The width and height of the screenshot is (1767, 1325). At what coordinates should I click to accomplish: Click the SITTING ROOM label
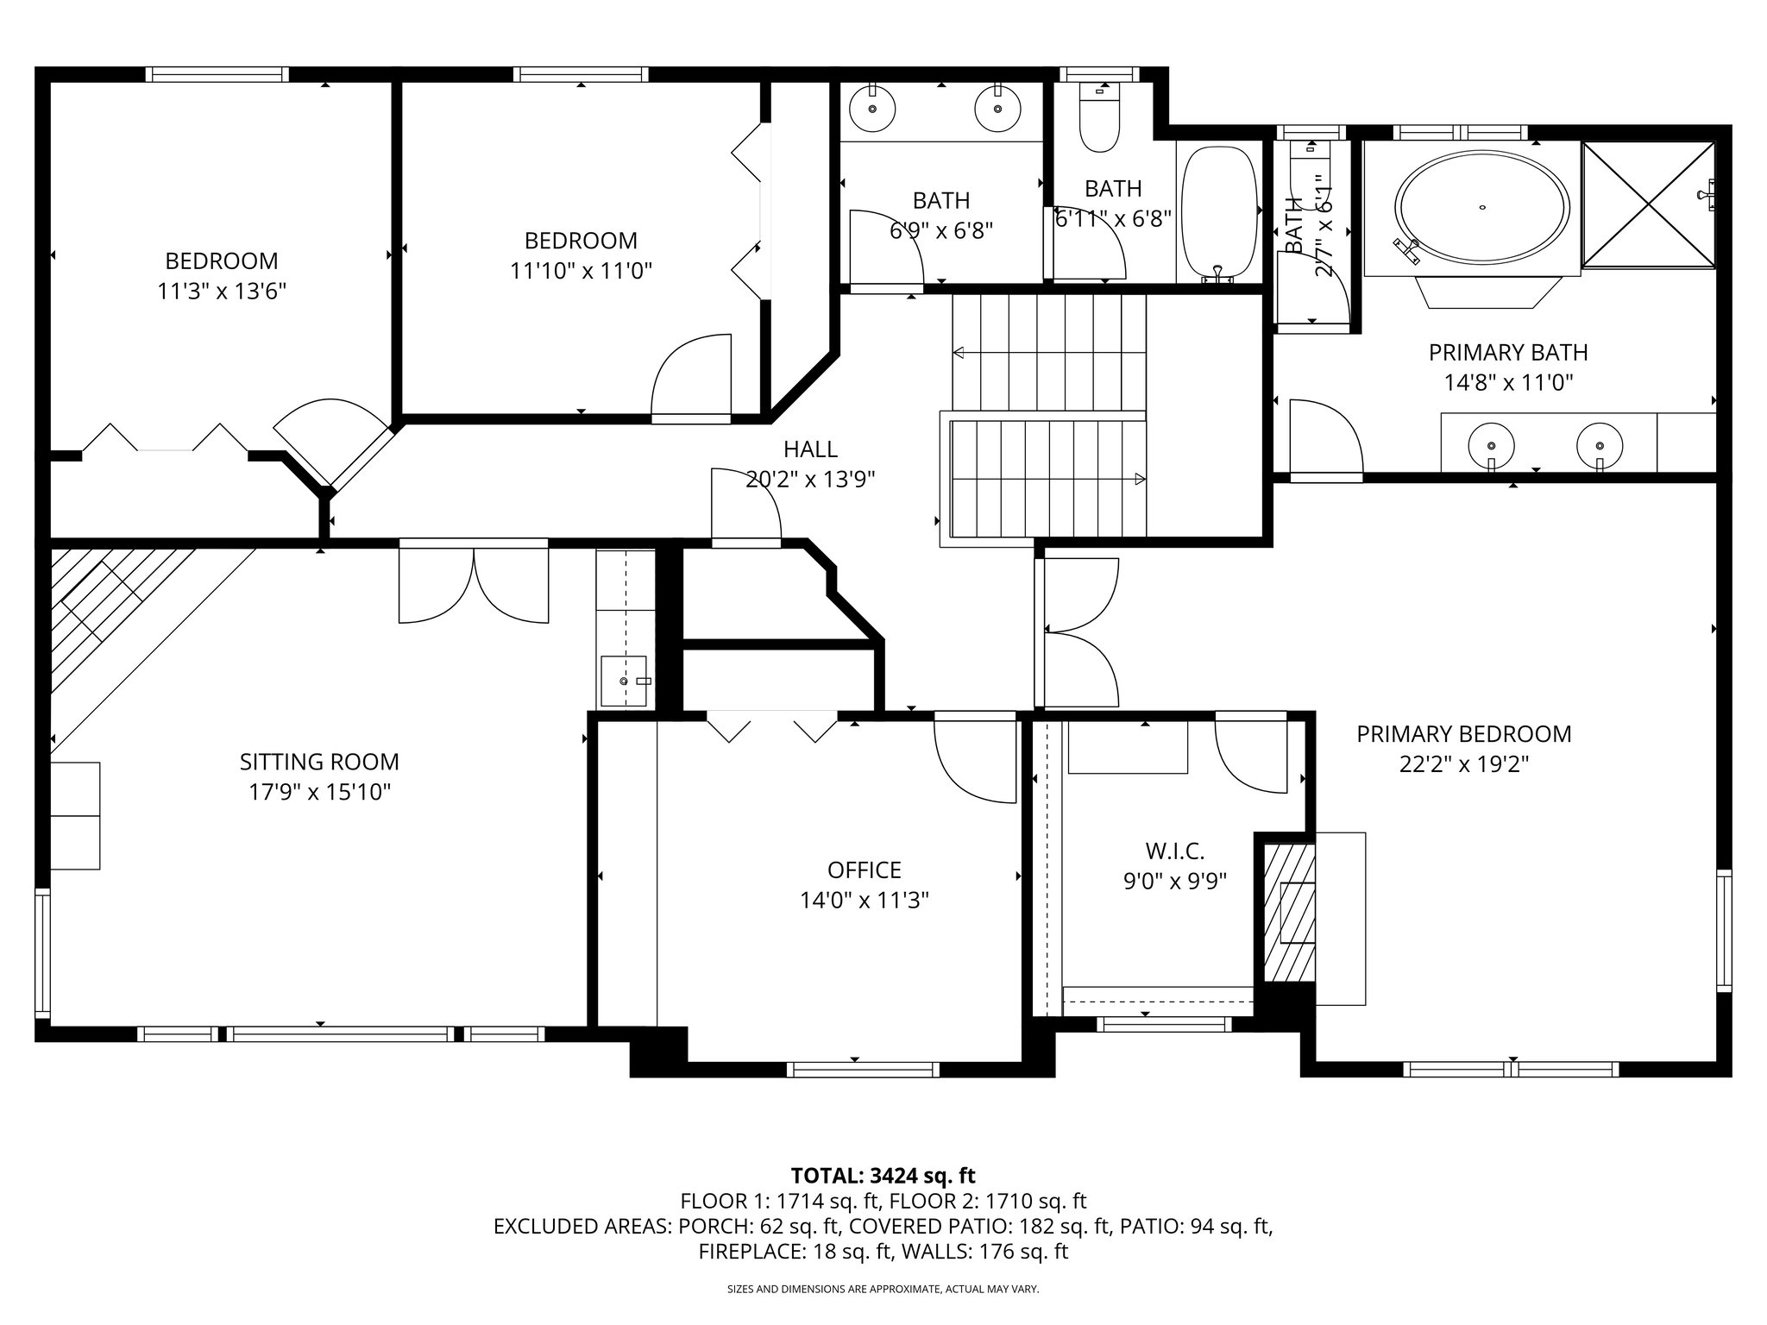(x=319, y=762)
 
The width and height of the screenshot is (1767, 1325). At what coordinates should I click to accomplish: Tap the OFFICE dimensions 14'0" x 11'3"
(x=864, y=901)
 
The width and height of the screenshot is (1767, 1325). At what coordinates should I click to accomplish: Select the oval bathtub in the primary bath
(x=1481, y=208)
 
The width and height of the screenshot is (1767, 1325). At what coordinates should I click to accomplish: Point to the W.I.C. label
(x=1174, y=851)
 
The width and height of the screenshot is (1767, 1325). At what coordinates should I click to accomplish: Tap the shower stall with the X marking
(x=1649, y=204)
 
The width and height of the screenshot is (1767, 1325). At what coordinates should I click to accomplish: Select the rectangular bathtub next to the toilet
(x=1218, y=211)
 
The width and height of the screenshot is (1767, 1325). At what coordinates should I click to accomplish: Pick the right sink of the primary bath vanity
(x=1600, y=445)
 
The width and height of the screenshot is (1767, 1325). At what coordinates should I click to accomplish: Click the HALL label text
(x=810, y=449)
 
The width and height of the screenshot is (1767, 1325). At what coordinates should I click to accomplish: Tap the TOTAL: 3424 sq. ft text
(x=883, y=1175)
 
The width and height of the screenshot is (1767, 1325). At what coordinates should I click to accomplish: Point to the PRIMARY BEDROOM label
(x=1463, y=734)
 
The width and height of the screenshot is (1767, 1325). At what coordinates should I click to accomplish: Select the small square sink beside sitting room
(x=624, y=681)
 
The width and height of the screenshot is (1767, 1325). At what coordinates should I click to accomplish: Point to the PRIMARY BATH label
(x=1507, y=352)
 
